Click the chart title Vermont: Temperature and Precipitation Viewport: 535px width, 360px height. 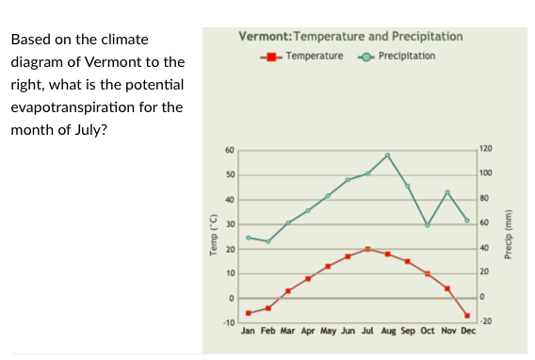tap(350, 37)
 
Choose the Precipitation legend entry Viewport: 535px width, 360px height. tap(399, 57)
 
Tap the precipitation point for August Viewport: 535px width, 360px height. tap(387, 155)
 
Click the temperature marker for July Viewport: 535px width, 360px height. tap(367, 249)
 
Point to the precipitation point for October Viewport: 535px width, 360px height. tap(427, 225)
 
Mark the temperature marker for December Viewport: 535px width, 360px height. tap(467, 315)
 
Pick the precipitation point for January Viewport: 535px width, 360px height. tap(249, 237)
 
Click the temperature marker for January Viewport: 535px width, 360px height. tap(249, 313)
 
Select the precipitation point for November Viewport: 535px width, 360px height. tap(447, 192)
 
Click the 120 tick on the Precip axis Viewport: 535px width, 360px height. tap(485, 150)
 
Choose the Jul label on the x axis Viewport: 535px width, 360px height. tap(367, 332)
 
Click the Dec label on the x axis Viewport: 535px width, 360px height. tap(467, 332)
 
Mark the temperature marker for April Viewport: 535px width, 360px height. tap(308, 278)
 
